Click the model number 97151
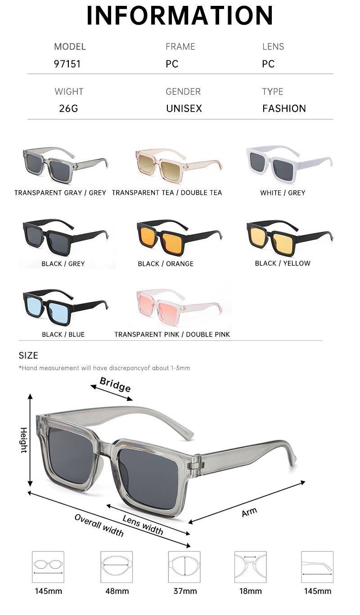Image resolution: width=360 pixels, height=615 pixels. coord(67,64)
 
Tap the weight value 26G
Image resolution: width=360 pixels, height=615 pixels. coord(68,109)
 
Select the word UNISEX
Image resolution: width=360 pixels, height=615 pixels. coord(184,109)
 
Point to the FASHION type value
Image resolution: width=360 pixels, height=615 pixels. coord(284,109)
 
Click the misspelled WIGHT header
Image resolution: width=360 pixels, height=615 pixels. coord(69,92)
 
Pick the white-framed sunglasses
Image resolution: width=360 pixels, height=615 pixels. coord(288,163)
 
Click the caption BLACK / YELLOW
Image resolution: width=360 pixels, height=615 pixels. coord(283,263)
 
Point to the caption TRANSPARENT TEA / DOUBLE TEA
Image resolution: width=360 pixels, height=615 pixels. coord(167,193)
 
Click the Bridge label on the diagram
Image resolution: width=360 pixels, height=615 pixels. coord(115,385)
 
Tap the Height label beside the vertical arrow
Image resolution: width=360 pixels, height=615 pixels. coord(23,440)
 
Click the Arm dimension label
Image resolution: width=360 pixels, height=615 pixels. coord(249,511)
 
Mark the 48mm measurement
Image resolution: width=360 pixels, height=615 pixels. coord(117,591)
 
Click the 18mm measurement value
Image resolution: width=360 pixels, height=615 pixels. coord(250,591)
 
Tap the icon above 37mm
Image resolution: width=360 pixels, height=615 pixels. coord(184,567)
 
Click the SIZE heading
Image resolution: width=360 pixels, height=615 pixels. coord(28,356)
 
